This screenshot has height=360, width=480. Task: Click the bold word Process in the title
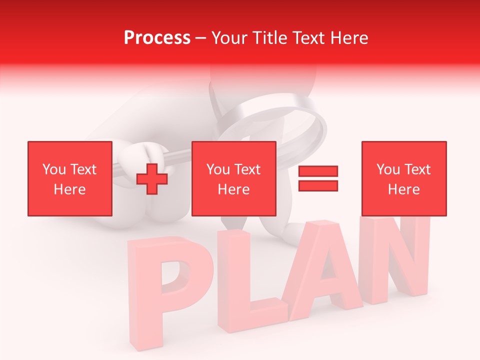157,38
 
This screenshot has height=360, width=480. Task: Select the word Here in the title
349,38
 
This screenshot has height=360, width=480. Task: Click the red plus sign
152,178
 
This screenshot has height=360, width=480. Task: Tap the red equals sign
318,178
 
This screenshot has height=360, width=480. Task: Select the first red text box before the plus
70,178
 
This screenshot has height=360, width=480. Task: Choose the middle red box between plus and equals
234,178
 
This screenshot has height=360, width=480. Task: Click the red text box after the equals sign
404,178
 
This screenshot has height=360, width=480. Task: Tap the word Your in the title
229,38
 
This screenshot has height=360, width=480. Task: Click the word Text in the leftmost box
84,169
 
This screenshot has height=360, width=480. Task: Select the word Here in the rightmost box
404,189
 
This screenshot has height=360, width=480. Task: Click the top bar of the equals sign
318,171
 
